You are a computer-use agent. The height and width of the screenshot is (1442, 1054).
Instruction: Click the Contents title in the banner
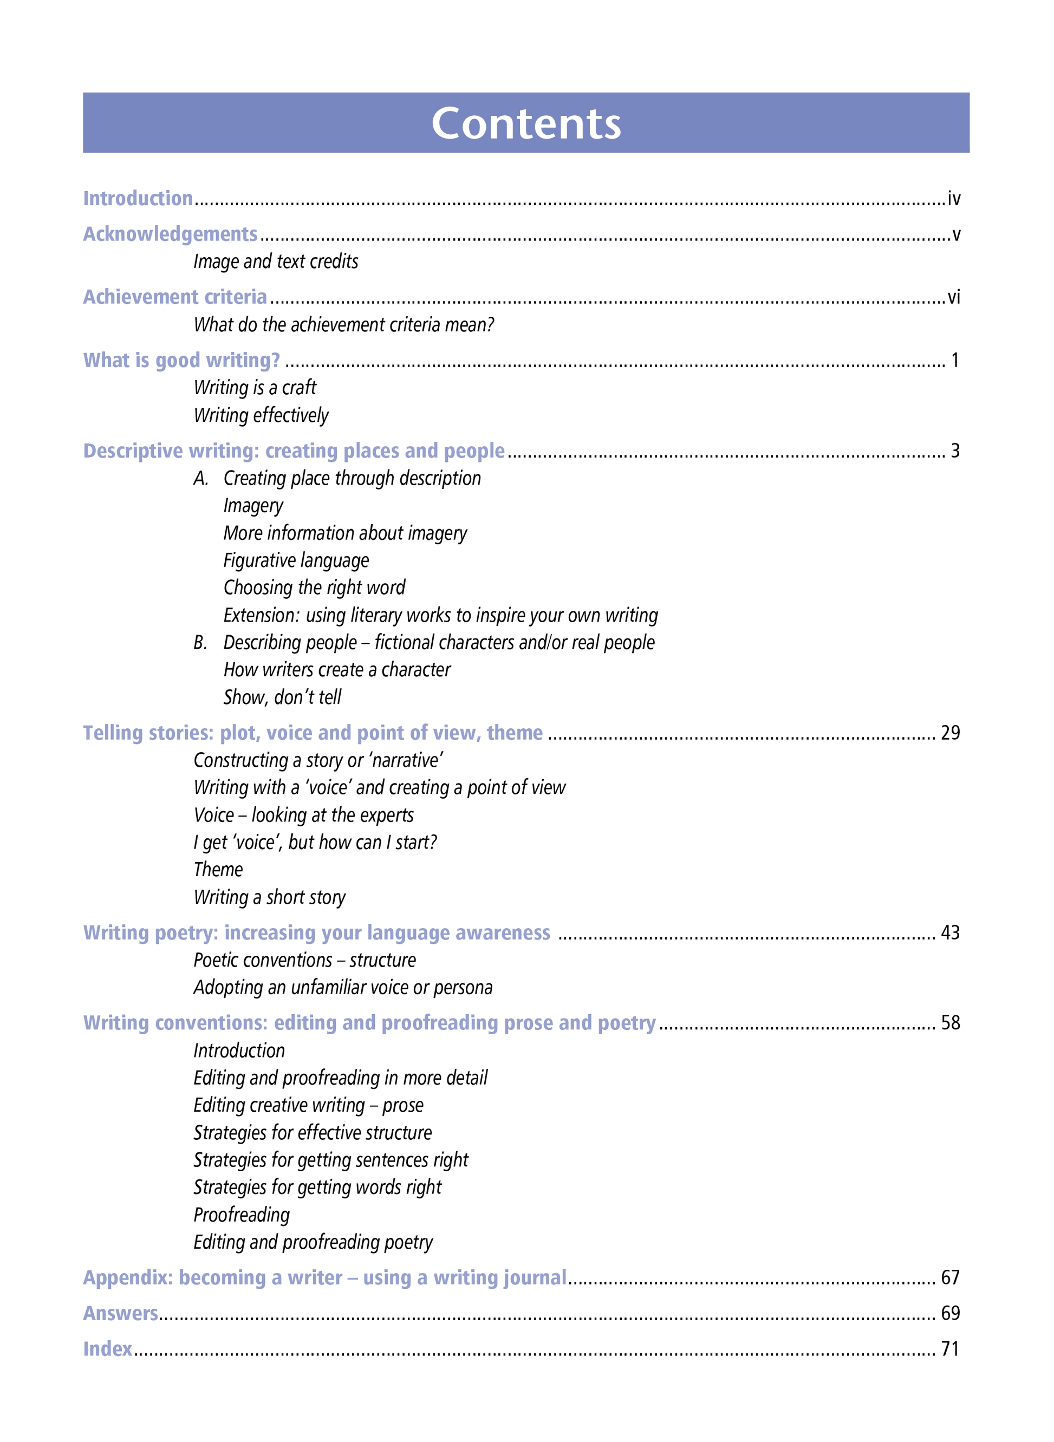526,123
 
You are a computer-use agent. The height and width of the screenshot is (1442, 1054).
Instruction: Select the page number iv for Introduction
953,199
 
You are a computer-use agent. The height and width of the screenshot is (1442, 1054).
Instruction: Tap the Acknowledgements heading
171,234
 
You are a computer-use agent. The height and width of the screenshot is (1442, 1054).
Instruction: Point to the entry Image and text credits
276,262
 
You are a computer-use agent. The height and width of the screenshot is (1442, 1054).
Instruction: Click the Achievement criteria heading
175,297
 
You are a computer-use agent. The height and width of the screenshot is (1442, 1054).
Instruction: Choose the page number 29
949,733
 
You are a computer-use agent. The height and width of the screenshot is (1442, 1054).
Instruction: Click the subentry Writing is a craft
255,388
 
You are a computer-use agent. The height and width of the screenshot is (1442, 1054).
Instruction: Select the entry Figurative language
296,560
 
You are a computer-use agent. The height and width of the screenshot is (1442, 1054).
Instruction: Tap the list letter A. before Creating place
201,478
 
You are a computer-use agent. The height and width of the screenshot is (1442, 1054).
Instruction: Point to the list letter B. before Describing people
200,643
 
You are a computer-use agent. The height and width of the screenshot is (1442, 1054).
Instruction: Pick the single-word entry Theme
218,870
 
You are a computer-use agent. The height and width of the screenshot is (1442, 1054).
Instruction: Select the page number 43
949,933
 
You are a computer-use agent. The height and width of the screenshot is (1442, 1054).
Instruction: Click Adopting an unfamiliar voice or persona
343,988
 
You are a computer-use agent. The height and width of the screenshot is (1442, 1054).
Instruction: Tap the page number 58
949,1023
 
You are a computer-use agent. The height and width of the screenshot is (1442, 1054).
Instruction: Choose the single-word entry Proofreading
241,1215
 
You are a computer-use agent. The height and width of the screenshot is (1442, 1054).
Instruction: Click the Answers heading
121,1313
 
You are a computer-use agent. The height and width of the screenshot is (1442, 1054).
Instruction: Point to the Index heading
107,1349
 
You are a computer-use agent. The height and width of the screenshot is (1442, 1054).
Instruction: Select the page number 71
949,1349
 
